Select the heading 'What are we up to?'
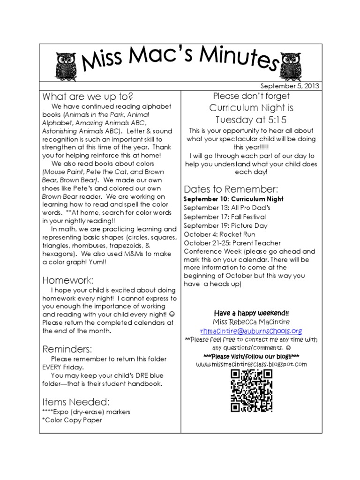[x=88, y=97]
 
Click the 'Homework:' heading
[x=68, y=280]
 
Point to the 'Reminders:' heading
[x=67, y=349]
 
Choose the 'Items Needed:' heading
[x=76, y=402]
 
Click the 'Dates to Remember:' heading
[x=231, y=189]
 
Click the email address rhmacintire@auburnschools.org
[x=251, y=330]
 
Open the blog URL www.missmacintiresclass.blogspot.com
[x=251, y=364]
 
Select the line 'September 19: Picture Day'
[x=225, y=225]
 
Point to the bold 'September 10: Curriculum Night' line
[x=233, y=199]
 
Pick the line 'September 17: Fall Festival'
[x=225, y=217]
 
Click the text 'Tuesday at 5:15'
[x=251, y=120]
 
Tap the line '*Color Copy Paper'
[x=72, y=420]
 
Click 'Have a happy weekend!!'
[x=251, y=313]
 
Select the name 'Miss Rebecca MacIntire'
[x=251, y=322]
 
